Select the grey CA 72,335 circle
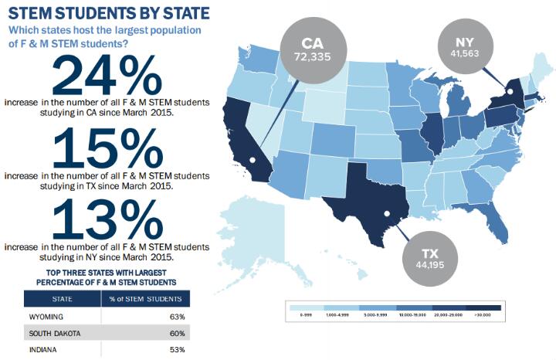pyautogui.click(x=313, y=49)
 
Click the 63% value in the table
pyautogui.click(x=177, y=317)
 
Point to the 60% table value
pyautogui.click(x=177, y=333)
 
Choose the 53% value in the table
pyautogui.click(x=177, y=350)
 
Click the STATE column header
pyautogui.click(x=63, y=299)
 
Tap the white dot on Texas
pyautogui.click(x=387, y=214)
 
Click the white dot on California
pyautogui.click(x=253, y=160)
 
